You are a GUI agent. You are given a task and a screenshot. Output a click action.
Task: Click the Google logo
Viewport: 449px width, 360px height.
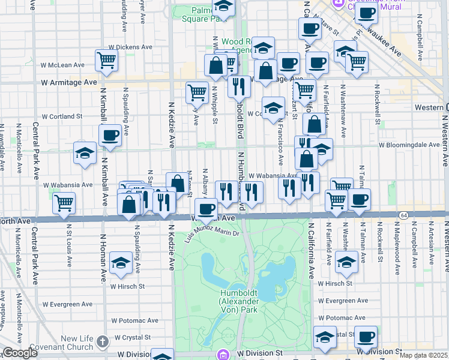[20, 353]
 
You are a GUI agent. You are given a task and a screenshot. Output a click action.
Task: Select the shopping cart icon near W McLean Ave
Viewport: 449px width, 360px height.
[106, 59]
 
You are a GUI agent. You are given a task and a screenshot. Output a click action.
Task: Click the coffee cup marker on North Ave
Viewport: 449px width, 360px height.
[206, 209]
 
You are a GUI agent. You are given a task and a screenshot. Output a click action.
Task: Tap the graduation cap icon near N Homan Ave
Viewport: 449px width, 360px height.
[121, 263]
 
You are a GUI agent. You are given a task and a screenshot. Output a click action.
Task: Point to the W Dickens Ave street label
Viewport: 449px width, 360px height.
[130, 47]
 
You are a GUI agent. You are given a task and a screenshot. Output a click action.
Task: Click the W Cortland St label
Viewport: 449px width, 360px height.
[62, 116]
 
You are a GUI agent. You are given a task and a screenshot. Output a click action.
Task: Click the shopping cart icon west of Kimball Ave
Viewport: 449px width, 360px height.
[64, 202]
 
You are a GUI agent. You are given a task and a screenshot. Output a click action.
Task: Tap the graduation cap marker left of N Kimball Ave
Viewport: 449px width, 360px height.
[85, 152]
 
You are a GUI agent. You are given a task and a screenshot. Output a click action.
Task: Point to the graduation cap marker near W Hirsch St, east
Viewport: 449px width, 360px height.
[346, 260]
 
